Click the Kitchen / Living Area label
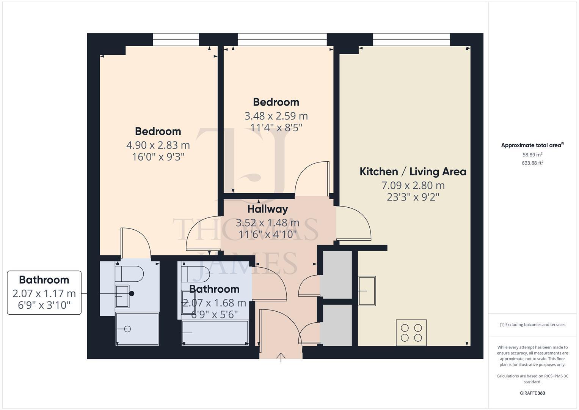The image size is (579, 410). [x=413, y=172]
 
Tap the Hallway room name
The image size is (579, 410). [x=267, y=209]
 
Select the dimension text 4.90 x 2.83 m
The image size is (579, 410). [x=158, y=145]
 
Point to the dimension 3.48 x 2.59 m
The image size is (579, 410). [x=276, y=116]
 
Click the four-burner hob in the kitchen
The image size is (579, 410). [x=411, y=333]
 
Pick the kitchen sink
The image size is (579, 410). [x=367, y=291]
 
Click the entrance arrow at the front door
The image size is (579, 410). [x=281, y=357]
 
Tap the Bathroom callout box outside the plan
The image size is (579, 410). [x=44, y=292]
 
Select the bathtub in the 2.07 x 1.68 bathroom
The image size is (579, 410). [x=215, y=333]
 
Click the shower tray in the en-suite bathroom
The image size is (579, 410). [x=137, y=329]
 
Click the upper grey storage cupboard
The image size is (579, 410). [x=336, y=274]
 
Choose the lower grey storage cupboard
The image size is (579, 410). [x=336, y=325]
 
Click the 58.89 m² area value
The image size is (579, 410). [x=532, y=155]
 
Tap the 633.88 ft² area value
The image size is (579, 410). [x=532, y=163]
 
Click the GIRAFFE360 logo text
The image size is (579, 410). [x=532, y=393]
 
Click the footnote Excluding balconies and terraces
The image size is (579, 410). [x=532, y=325]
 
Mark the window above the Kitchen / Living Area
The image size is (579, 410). [x=411, y=39]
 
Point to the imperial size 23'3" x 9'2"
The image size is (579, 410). [x=413, y=197]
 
